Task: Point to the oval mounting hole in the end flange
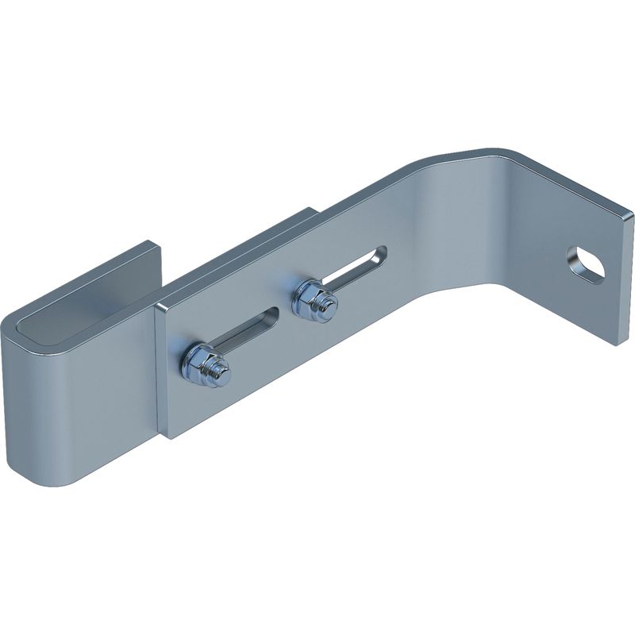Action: click(586, 264)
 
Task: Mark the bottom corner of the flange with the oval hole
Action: click(615, 344)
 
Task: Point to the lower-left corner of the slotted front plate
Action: click(167, 435)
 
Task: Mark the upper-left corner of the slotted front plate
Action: click(158, 306)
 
